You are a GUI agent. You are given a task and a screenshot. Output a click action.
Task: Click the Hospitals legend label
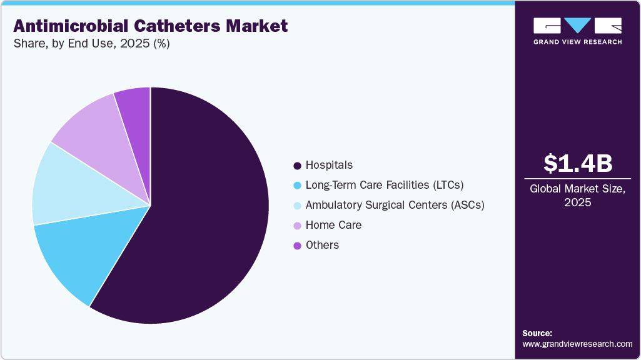pyautogui.click(x=329, y=165)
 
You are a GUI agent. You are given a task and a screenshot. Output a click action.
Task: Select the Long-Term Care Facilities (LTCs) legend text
pyautogui.click(x=384, y=185)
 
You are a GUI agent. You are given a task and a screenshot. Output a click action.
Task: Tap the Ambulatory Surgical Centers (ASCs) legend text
pyautogui.click(x=395, y=205)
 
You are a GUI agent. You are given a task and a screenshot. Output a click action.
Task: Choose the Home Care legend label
pyautogui.click(x=333, y=225)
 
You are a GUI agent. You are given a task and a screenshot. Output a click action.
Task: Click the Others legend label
pyautogui.click(x=322, y=245)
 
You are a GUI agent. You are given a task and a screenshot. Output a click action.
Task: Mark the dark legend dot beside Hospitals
pyautogui.click(x=298, y=166)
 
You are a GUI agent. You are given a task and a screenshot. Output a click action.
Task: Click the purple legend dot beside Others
pyautogui.click(x=298, y=246)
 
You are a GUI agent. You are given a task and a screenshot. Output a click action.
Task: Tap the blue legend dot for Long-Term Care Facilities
pyautogui.click(x=298, y=186)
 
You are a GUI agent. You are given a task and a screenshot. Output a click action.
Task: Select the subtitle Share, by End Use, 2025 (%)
pyautogui.click(x=91, y=44)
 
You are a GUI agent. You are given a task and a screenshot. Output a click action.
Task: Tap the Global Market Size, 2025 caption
pyautogui.click(x=577, y=195)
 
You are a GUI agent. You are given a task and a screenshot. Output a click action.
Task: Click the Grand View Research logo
pyautogui.click(x=577, y=31)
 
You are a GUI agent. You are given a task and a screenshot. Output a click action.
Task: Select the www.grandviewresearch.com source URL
pyautogui.click(x=577, y=344)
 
